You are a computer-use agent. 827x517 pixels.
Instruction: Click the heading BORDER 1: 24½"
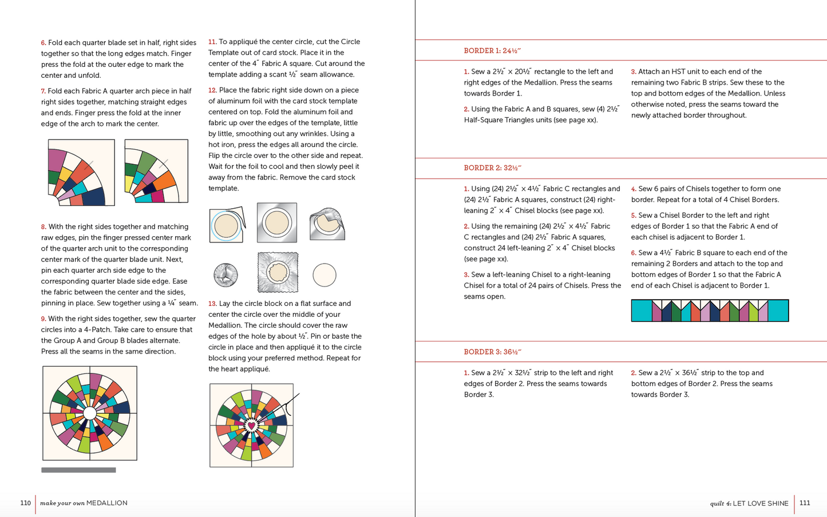point(492,51)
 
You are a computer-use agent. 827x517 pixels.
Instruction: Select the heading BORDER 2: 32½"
point(492,168)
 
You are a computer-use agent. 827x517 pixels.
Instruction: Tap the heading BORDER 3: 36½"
point(492,352)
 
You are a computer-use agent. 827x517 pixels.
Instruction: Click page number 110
point(25,503)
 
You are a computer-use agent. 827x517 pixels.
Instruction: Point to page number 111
point(805,503)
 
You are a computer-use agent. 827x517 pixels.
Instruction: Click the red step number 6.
point(43,43)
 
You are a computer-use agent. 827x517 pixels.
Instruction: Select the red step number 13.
point(212,304)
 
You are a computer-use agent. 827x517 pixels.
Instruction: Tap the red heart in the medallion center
point(251,425)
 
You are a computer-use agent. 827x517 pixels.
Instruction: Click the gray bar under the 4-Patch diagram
point(78,470)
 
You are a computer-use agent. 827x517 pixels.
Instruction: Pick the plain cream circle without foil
point(325,275)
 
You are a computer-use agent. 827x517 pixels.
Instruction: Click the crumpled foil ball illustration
point(225,275)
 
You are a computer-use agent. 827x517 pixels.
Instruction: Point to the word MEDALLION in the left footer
point(107,503)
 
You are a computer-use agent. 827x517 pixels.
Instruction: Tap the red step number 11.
point(212,42)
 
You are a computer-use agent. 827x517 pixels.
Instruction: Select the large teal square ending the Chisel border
point(778,311)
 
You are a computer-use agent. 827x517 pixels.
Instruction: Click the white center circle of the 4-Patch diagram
point(90,413)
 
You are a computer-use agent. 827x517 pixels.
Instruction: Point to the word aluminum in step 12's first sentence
point(225,101)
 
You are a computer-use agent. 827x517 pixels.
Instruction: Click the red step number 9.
point(43,319)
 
